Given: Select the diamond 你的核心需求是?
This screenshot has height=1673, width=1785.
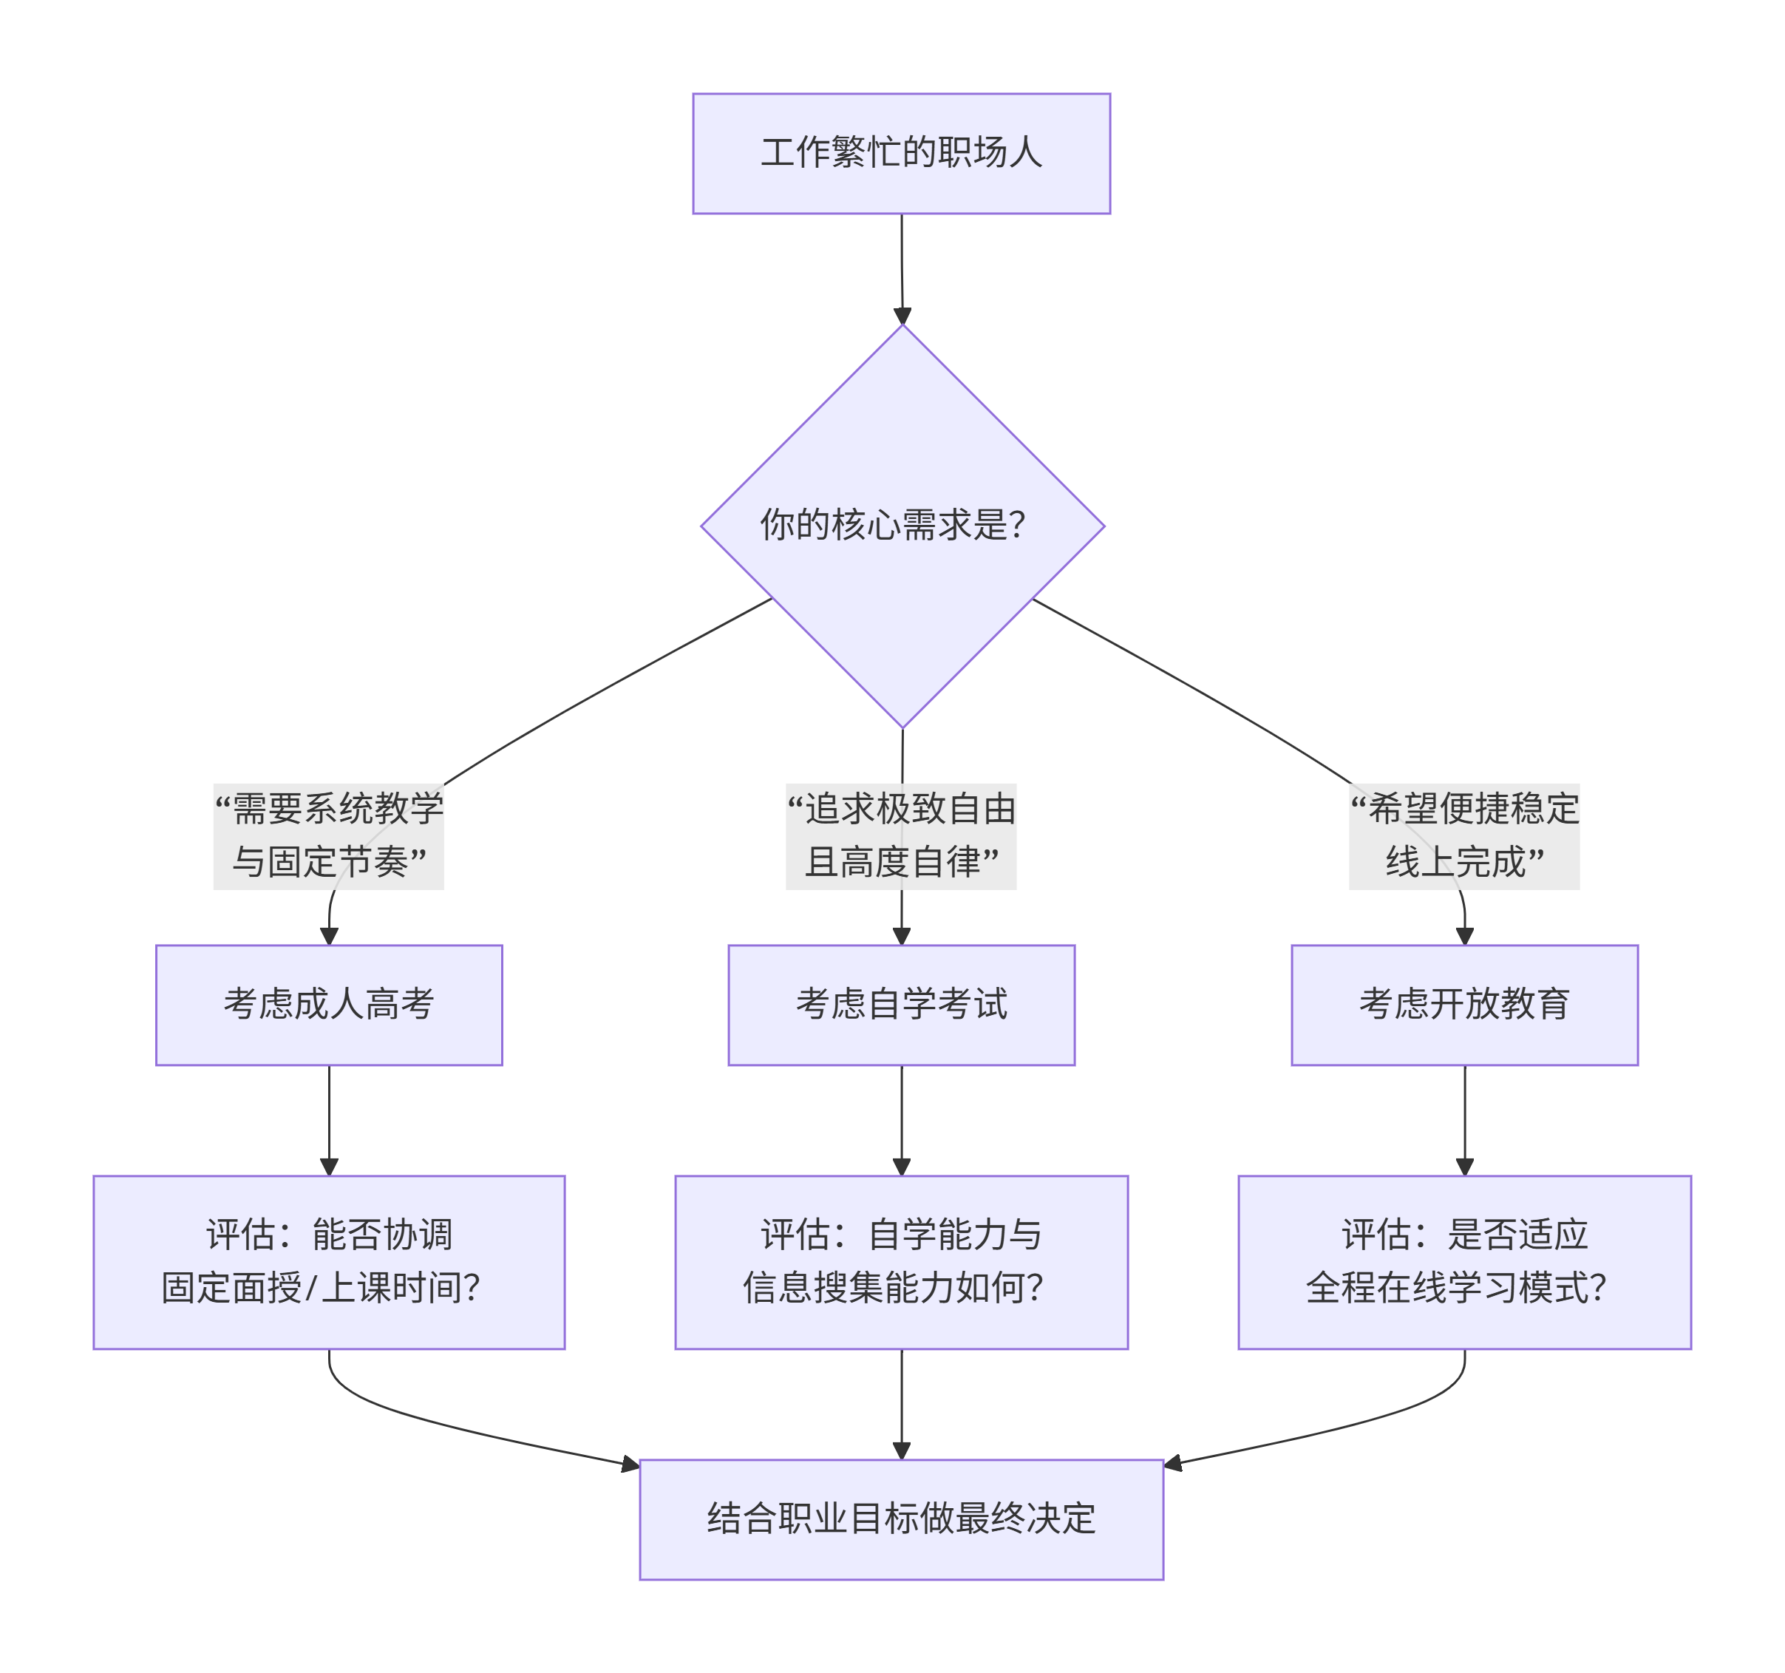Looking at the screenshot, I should coord(902,526).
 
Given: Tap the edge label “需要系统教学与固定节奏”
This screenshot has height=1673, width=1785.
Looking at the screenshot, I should coord(329,835).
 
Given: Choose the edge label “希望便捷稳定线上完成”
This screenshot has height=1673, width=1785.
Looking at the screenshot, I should coord(1463,835).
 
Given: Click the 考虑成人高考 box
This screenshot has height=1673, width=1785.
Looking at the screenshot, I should coord(329,1004).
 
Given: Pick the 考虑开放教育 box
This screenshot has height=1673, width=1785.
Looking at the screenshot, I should coord(1463,1004).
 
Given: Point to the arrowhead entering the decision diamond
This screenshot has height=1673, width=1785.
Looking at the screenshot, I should coord(902,316).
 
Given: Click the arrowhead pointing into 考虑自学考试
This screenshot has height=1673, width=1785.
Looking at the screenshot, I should coord(902,936).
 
